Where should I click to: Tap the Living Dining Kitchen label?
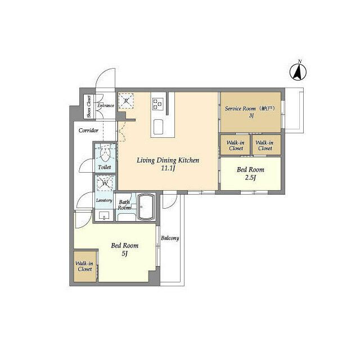(x=169, y=160)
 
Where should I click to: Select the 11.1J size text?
(x=169, y=169)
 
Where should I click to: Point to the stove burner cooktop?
(x=157, y=103)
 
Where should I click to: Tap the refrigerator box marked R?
(x=127, y=101)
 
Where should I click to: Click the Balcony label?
(x=170, y=238)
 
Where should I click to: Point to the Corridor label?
(x=89, y=130)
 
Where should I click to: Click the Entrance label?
(x=106, y=105)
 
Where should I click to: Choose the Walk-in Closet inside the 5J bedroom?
(x=84, y=265)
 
